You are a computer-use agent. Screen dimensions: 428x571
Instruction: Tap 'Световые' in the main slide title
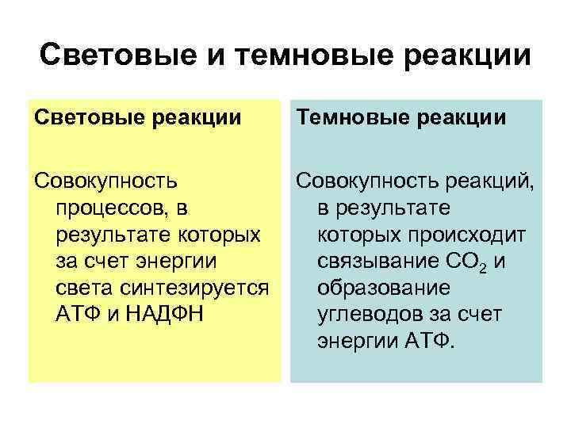[117, 56]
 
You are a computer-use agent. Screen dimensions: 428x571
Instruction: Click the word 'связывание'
[383, 261]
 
